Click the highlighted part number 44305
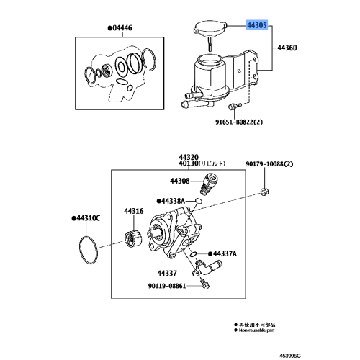257,24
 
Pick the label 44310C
87,217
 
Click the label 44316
134,211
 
